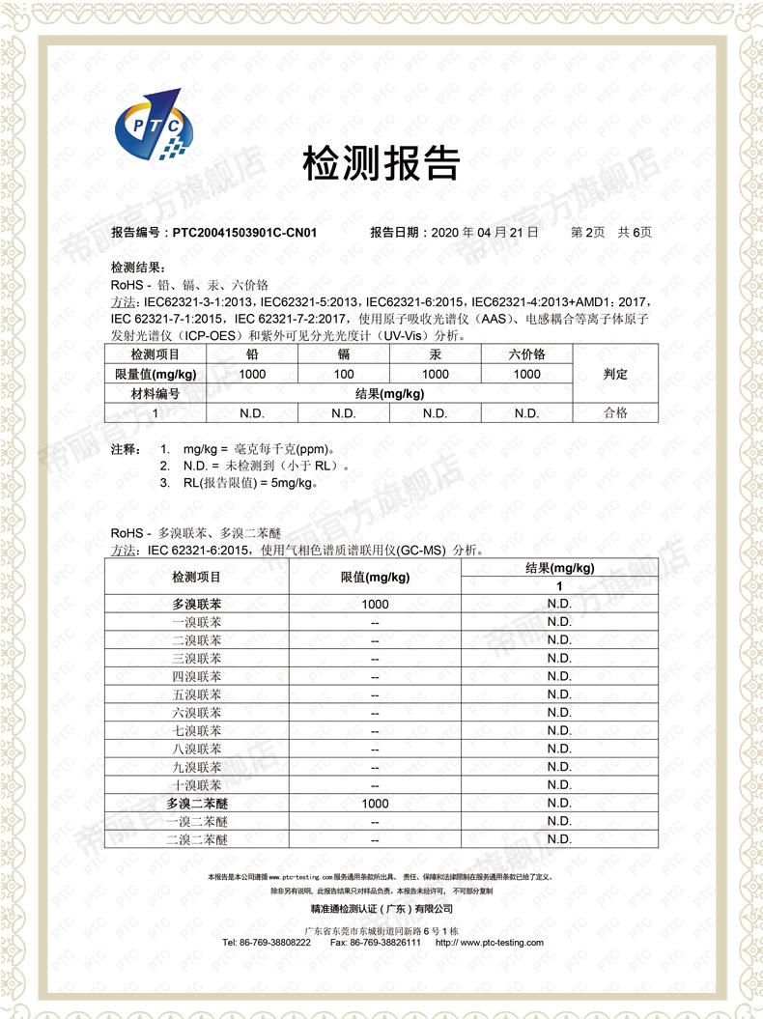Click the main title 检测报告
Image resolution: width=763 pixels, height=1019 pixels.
point(381,164)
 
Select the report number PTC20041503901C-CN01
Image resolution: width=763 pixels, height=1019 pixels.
point(243,233)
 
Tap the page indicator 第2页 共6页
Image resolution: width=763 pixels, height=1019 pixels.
point(611,233)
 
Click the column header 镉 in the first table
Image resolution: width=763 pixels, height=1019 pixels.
point(344,354)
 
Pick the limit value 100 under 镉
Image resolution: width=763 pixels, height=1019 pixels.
point(344,374)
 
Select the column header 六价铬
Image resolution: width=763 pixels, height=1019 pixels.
point(526,354)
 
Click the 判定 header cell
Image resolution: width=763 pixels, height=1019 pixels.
point(615,374)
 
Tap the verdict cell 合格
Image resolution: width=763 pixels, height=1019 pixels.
point(615,412)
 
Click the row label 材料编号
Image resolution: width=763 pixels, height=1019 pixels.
point(155,393)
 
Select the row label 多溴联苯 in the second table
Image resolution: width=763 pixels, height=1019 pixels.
point(196,604)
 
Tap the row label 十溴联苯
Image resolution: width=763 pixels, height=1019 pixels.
point(196,785)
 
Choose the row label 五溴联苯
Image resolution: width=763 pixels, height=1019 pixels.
point(196,694)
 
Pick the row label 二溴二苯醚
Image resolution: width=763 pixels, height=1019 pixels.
point(196,840)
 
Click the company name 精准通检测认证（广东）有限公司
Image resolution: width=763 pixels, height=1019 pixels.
point(381,910)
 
